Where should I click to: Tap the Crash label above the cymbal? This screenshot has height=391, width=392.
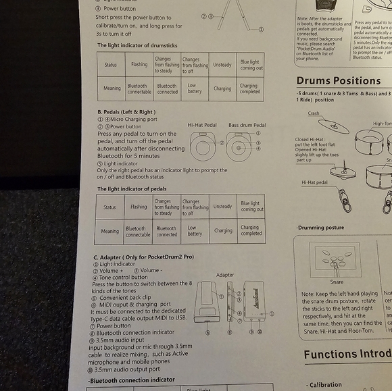click(x=314, y=113)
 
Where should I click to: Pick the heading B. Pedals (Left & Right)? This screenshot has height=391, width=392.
click(x=126, y=112)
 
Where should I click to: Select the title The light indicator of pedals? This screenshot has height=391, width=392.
click(x=132, y=189)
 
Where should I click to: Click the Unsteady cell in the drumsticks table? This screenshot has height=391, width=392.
click(x=222, y=65)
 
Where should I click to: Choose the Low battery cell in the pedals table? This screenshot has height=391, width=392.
click(x=195, y=231)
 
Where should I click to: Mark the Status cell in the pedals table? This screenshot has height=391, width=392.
click(x=109, y=207)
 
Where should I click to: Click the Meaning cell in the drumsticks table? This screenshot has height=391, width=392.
click(x=112, y=88)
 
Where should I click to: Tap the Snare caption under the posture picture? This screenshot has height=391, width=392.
click(x=336, y=282)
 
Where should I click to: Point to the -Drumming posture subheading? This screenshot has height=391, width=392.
click(x=320, y=228)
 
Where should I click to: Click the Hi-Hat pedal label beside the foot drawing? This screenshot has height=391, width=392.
click(x=314, y=182)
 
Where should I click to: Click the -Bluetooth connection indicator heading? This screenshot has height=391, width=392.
click(x=132, y=380)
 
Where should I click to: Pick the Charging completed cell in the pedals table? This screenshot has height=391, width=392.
click(x=251, y=230)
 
